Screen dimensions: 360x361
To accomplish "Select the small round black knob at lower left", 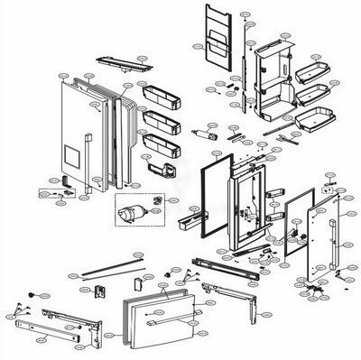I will tap(32, 294).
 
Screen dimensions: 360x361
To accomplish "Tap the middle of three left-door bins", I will tap(161, 117).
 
